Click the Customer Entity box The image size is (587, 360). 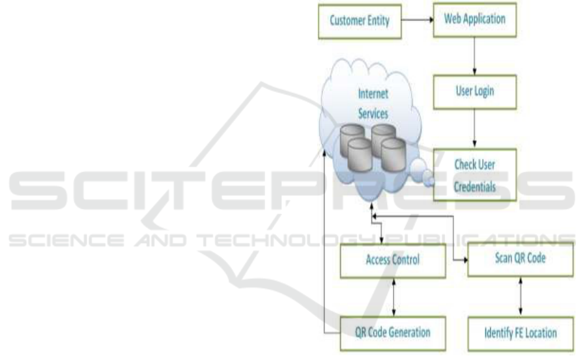pyautogui.click(x=359, y=20)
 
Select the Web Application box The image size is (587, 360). pyautogui.click(x=475, y=20)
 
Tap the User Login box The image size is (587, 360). pyautogui.click(x=474, y=91)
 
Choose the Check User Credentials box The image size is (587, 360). pyautogui.click(x=474, y=174)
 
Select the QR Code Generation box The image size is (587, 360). pyautogui.click(x=387, y=333)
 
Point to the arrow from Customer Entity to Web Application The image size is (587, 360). pyautogui.click(x=416, y=20)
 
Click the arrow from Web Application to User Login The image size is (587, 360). pyautogui.click(x=474, y=55)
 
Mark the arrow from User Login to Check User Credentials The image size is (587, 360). pyautogui.click(x=474, y=129)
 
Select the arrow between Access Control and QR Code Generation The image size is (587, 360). pyautogui.click(x=393, y=297)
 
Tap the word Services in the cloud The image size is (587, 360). pyautogui.click(x=373, y=113)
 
